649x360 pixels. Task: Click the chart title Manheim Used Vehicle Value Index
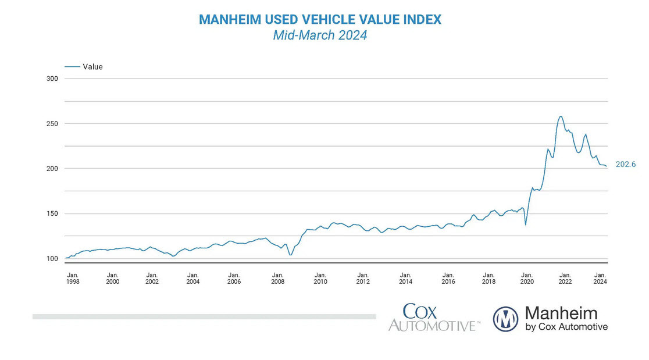[x=320, y=19]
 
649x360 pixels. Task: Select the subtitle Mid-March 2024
[x=320, y=35]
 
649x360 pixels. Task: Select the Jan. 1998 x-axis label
[x=73, y=278]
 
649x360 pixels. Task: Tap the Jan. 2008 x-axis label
[x=278, y=278]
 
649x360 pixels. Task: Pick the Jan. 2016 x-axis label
[x=448, y=278]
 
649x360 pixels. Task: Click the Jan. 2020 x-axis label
[x=526, y=278]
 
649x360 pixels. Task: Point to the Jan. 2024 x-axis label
[x=600, y=278]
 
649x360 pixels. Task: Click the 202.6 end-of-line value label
[x=625, y=165]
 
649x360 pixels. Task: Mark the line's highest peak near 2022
[x=561, y=116]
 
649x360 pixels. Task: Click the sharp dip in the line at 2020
[x=526, y=224]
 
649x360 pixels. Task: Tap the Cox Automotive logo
[x=434, y=318]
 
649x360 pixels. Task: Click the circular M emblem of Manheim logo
[x=505, y=319]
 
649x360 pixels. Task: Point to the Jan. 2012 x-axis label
[x=363, y=278]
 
